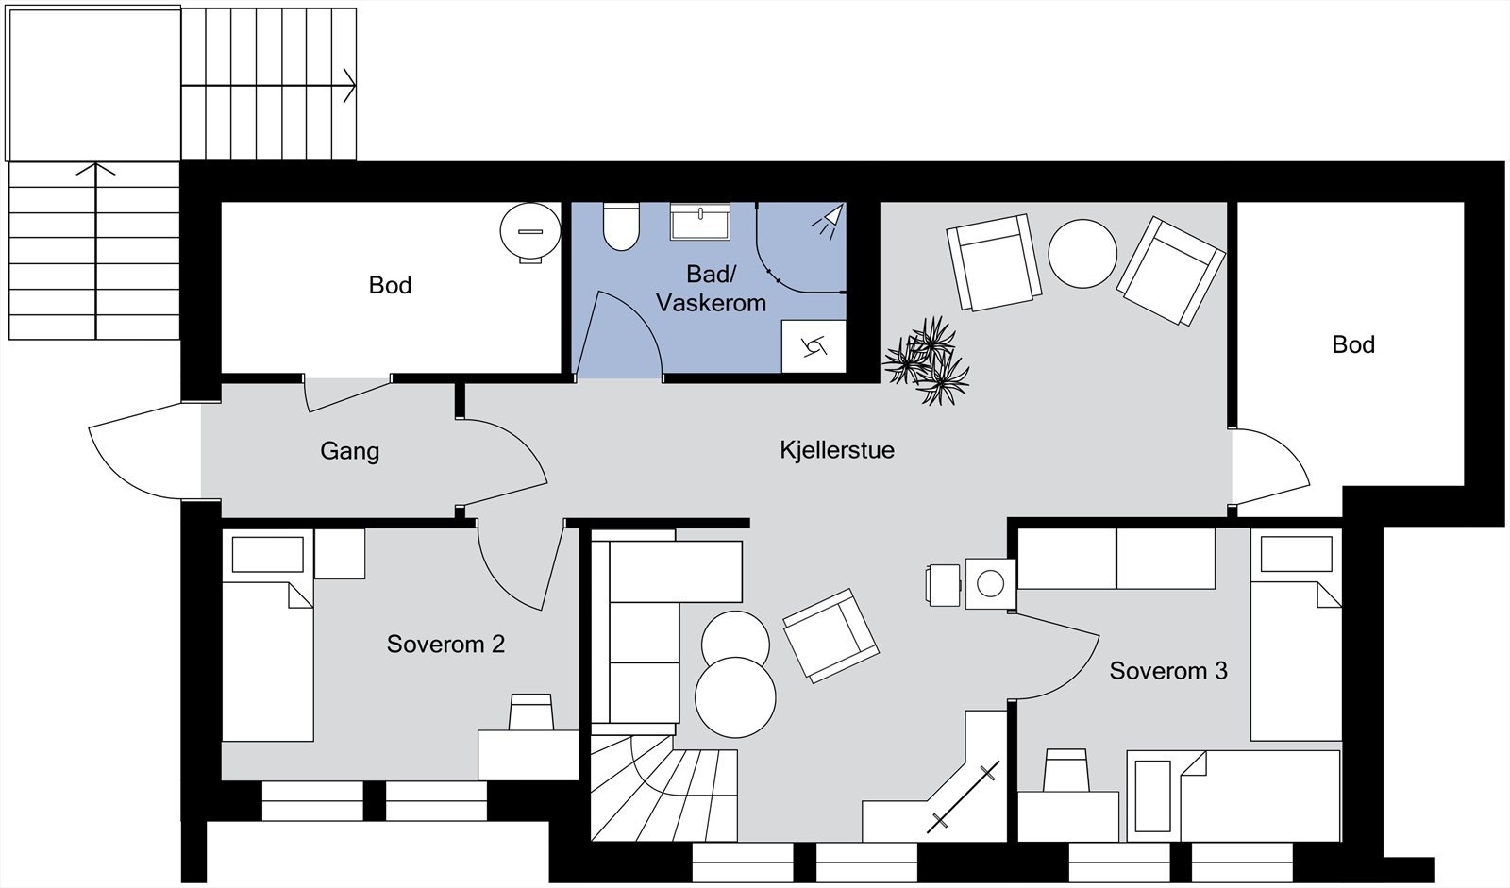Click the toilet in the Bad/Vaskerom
click(621, 226)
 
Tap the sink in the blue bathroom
click(699, 221)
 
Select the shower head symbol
click(829, 221)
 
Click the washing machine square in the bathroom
click(813, 346)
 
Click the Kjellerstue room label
click(836, 450)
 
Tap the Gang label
click(349, 451)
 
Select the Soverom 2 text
click(445, 644)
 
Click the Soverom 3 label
click(1168, 670)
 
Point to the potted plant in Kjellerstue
click(926, 361)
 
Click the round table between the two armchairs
click(1082, 254)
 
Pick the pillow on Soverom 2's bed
click(268, 554)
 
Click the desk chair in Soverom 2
click(531, 712)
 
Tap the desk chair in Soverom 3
click(1065, 770)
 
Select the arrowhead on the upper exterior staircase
click(348, 86)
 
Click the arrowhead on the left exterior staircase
click(95, 169)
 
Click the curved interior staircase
click(664, 788)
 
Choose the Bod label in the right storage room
click(1353, 344)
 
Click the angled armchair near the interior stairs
click(830, 636)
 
